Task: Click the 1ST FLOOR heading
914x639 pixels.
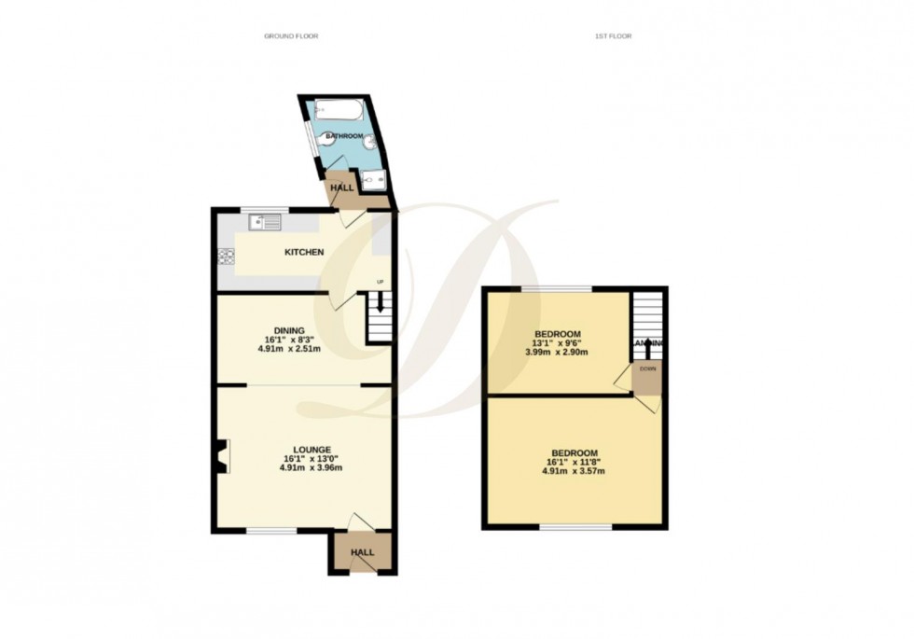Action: (613, 36)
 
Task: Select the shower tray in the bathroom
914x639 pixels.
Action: (374, 179)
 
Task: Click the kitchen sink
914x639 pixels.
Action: (265, 223)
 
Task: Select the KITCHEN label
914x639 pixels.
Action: (304, 253)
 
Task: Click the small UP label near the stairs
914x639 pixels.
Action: (380, 282)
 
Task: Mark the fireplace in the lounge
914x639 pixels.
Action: (221, 458)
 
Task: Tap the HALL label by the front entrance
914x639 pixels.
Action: (362, 552)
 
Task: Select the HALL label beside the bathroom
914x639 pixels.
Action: (342, 188)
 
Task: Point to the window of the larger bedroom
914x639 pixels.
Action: (575, 527)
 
